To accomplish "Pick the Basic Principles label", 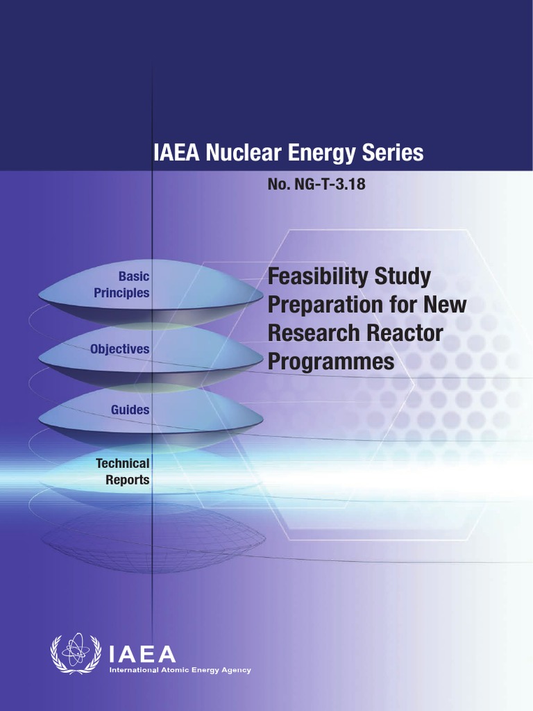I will click(x=122, y=285).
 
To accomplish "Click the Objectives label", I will click(x=119, y=349).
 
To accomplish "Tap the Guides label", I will click(x=130, y=410).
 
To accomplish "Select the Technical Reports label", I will click(x=123, y=471).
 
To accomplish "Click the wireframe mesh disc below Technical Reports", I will click(x=153, y=538).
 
